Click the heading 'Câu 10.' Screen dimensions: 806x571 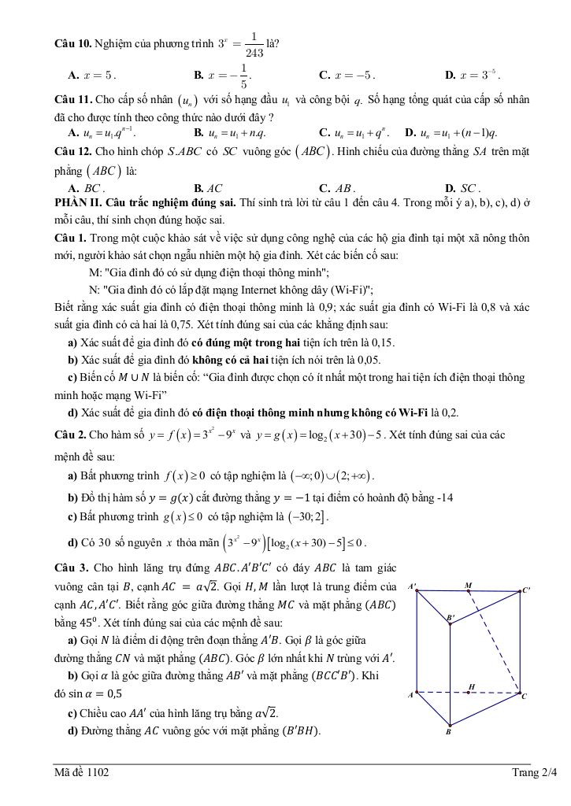coord(73,43)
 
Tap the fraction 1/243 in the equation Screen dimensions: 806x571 coord(254,43)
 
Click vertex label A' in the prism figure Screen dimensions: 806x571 coord(412,587)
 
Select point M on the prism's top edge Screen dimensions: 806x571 coord(469,586)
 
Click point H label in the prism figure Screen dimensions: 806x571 coord(471,686)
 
